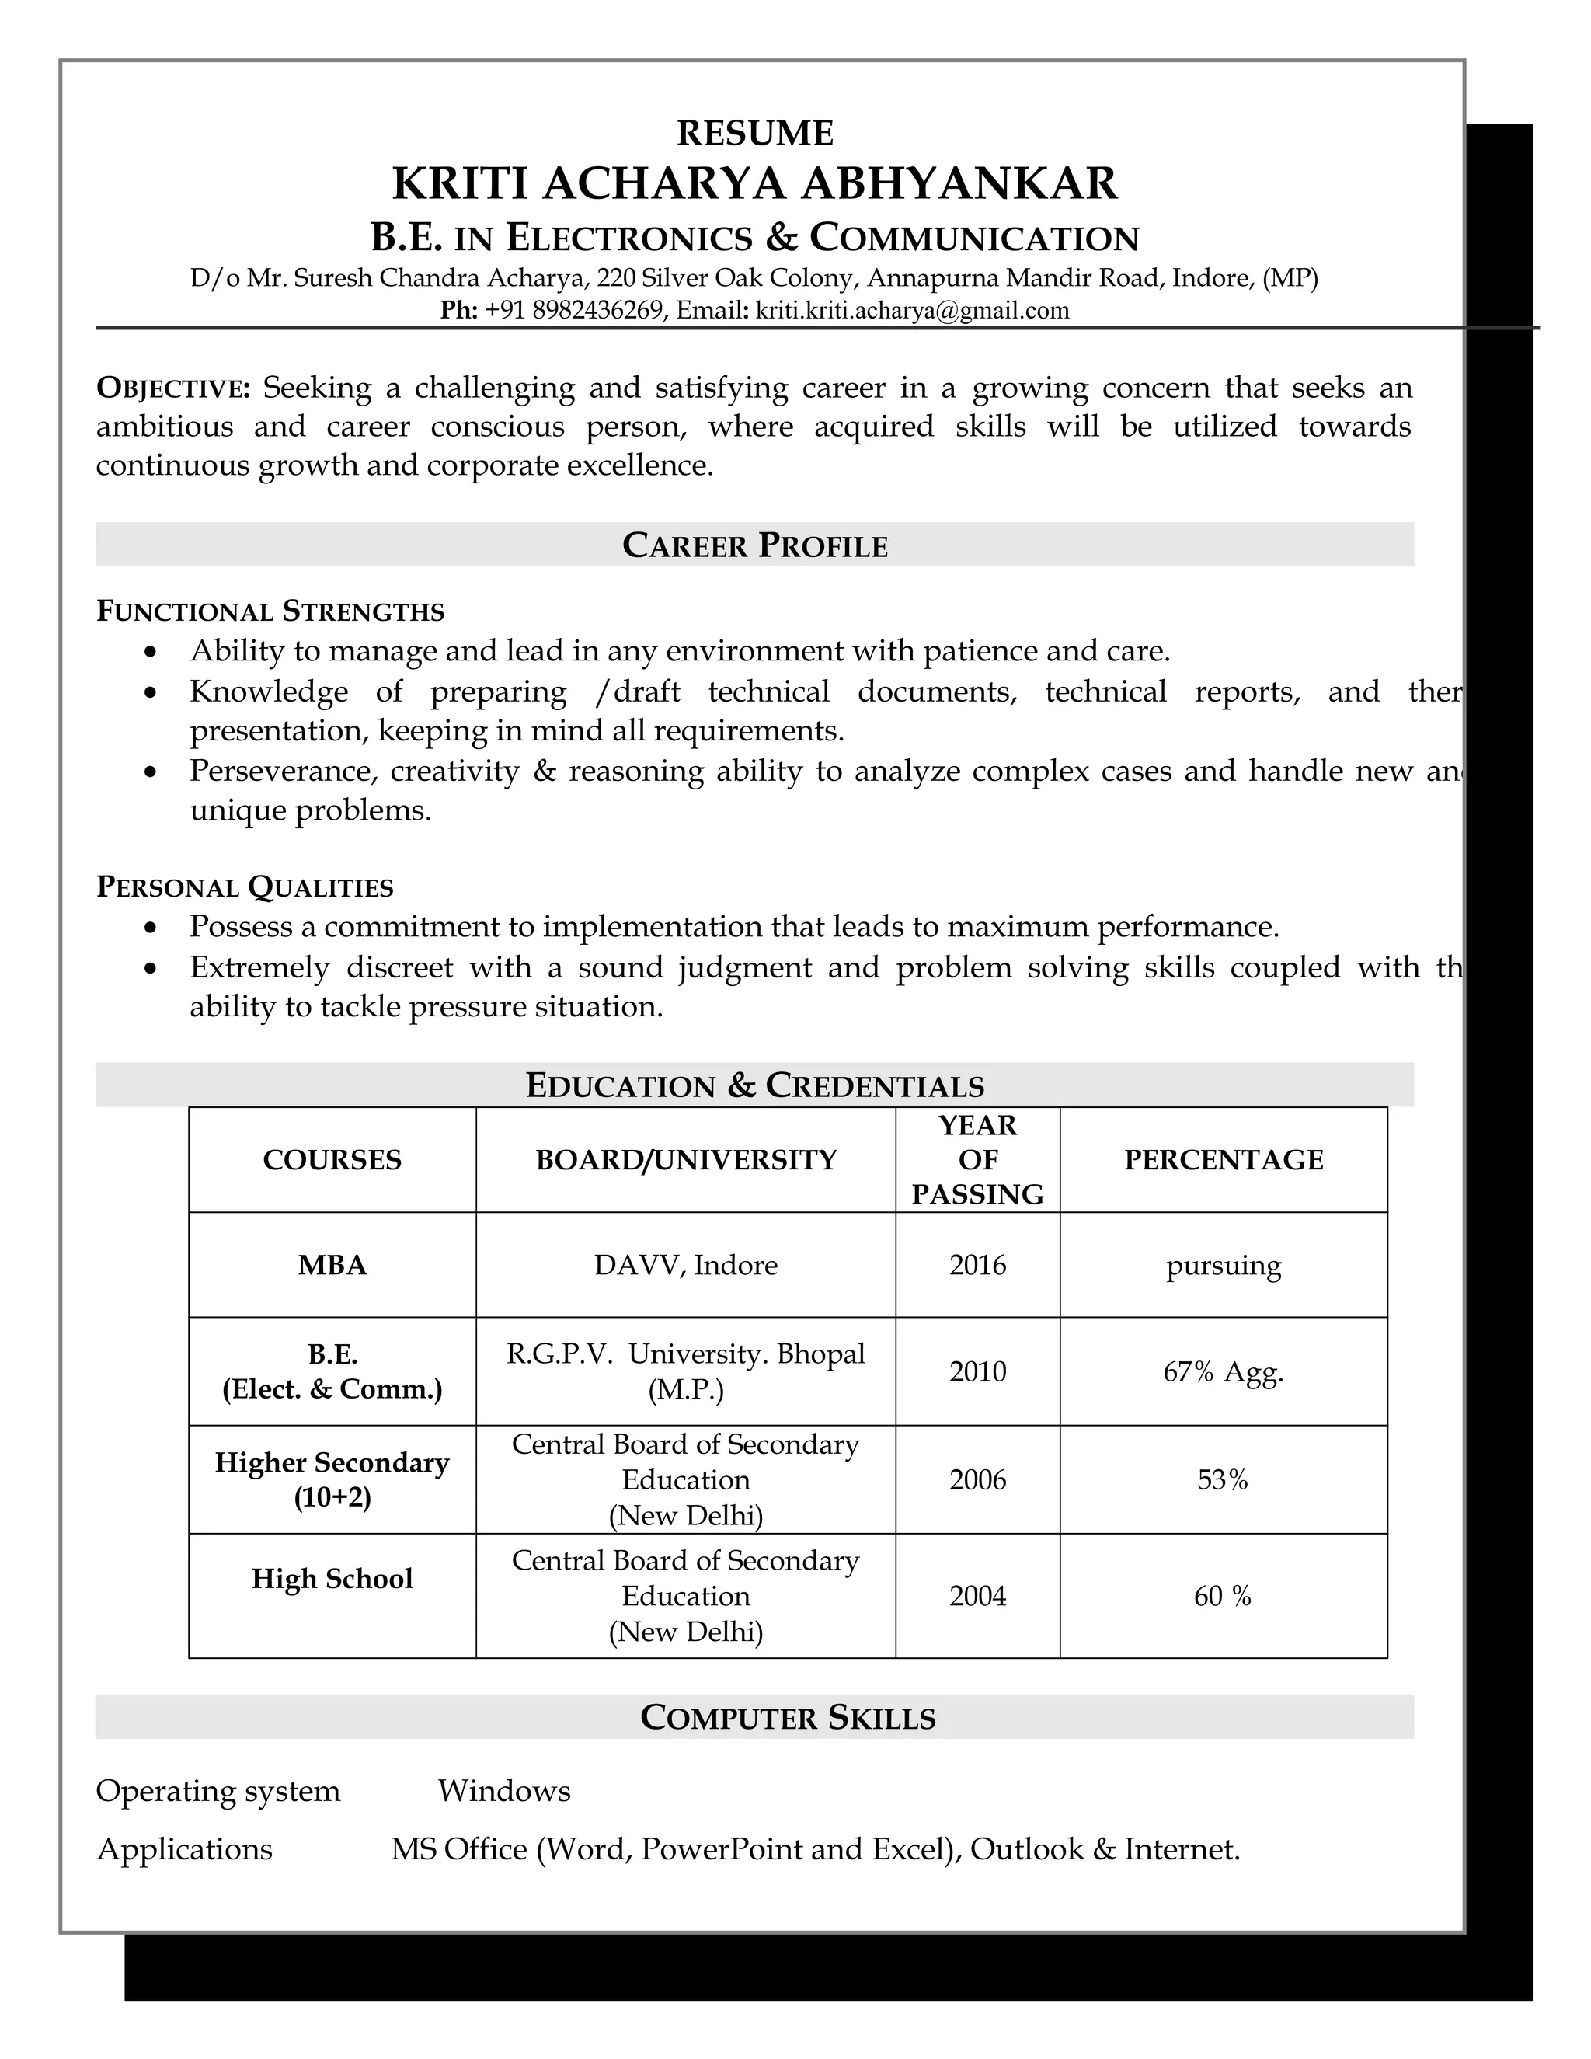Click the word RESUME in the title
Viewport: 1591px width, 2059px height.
pyautogui.click(x=755, y=133)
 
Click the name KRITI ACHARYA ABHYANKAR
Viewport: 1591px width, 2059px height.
pyautogui.click(x=755, y=183)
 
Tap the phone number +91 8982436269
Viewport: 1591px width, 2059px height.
pyautogui.click(x=574, y=311)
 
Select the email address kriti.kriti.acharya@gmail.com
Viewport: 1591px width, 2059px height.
pyautogui.click(x=912, y=311)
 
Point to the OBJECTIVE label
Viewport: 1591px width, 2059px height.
pyautogui.click(x=173, y=388)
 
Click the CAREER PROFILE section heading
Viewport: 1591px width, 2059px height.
pyautogui.click(x=755, y=546)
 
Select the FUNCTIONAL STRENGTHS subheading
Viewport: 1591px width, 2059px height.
pyautogui.click(x=270, y=611)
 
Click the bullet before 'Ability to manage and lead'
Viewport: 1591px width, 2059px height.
pyautogui.click(x=151, y=651)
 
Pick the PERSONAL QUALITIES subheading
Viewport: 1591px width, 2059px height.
pyautogui.click(x=245, y=887)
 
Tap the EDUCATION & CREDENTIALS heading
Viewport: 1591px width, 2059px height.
pyautogui.click(x=755, y=1085)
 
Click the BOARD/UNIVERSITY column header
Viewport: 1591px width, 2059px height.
pyautogui.click(x=686, y=1159)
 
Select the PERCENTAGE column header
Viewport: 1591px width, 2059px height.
pyautogui.click(x=1224, y=1159)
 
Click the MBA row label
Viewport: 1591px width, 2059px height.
pyautogui.click(x=332, y=1265)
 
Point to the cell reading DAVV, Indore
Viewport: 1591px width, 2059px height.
pyautogui.click(x=686, y=1265)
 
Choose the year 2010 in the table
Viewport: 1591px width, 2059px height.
pyautogui.click(x=977, y=1371)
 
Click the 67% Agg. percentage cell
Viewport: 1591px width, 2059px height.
pyautogui.click(x=1224, y=1371)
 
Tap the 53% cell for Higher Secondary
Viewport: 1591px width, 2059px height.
pyautogui.click(x=1223, y=1480)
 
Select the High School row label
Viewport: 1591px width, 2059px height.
pyautogui.click(x=332, y=1579)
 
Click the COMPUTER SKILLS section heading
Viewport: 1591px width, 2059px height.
pyautogui.click(x=788, y=1718)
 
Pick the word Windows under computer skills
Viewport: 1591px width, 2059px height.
pyautogui.click(x=504, y=1791)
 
